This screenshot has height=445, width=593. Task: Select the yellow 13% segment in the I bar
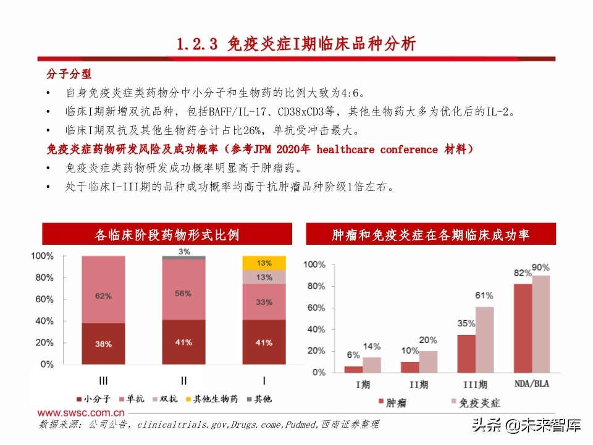point(264,263)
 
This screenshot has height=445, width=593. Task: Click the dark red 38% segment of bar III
point(103,344)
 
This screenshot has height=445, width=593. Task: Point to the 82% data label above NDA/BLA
point(523,273)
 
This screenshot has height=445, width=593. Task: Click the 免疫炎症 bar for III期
point(485,339)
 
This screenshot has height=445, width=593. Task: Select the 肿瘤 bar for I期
point(353,369)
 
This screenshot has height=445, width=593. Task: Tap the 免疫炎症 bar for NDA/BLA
point(540,324)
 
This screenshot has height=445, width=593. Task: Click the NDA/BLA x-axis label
point(532,384)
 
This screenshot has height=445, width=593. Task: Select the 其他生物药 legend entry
point(209,399)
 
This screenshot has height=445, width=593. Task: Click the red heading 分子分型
point(69,74)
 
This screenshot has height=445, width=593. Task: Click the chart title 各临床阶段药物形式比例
point(167,235)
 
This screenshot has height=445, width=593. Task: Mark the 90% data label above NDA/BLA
point(540,267)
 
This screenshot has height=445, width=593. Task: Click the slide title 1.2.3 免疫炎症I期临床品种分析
point(296,44)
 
